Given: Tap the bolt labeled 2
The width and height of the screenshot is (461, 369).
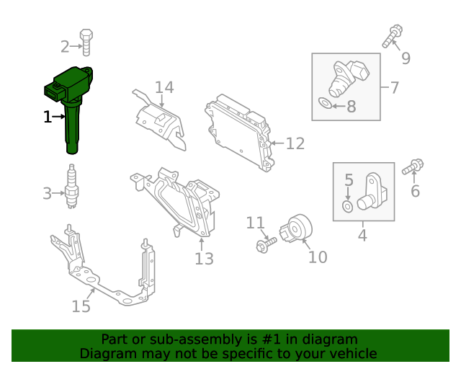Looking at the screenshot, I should coord(86,43).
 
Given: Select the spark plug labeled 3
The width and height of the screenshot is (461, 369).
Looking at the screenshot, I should coord(71,187).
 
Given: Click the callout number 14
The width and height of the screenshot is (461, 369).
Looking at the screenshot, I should coord(164,88).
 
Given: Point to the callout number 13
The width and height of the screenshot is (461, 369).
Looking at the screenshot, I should coord(204,258).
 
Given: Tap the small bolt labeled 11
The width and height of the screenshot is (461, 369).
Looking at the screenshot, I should coord(264,245).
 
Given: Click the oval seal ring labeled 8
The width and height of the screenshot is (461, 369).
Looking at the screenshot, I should coord(326,105).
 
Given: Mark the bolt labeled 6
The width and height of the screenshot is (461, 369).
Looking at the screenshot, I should coord(413,167).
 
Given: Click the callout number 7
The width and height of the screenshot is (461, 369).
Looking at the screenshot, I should coord(394,88).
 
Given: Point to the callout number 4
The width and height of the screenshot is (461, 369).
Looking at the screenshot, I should coord(362,235).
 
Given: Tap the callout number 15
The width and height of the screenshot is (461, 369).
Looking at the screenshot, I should coord(81,306).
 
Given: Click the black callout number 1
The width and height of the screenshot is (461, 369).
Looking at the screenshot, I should coord(48,117).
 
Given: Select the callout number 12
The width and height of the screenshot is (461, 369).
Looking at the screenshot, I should coord(295,144).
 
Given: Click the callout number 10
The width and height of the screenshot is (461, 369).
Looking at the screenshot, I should coord(318,257).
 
